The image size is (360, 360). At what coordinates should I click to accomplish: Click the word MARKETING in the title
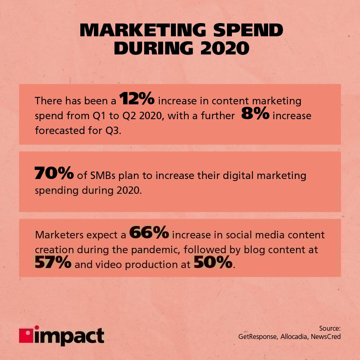tap(140, 31)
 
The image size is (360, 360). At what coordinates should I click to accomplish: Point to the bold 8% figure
tap(255, 115)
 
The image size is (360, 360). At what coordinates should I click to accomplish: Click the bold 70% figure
tap(54, 174)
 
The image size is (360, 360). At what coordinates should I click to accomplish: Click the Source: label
tap(330, 328)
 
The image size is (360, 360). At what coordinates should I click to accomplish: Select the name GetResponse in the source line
tap(258, 337)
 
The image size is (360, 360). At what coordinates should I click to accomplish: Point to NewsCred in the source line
tap(326, 337)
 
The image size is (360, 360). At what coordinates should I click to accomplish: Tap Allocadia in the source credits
tap(294, 337)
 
